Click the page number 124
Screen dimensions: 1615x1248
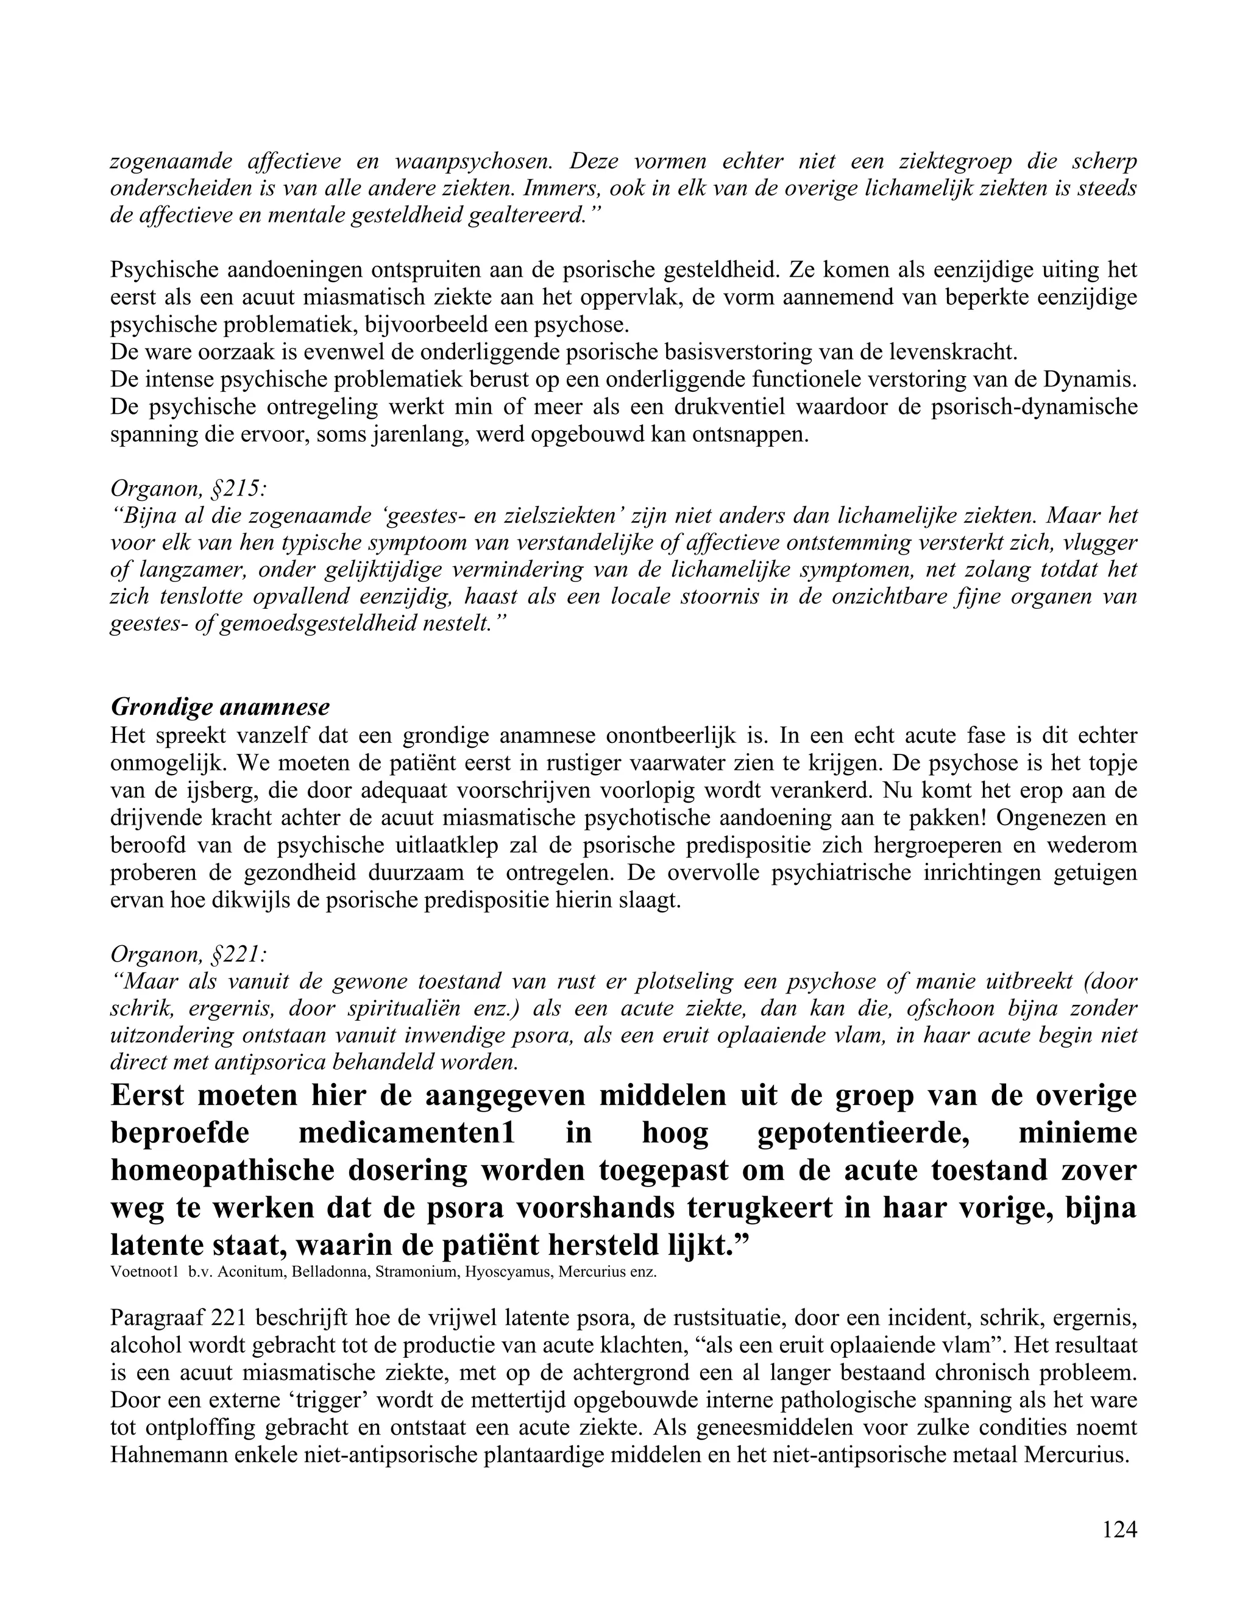(1119, 1530)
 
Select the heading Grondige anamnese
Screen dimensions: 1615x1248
(221, 708)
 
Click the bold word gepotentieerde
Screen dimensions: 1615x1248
(863, 1133)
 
